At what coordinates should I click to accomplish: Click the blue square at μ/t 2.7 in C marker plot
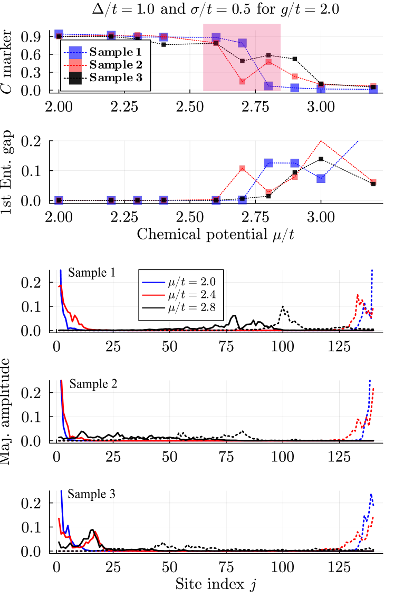click(x=242, y=43)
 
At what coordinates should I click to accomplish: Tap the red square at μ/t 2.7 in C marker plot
click(x=242, y=81)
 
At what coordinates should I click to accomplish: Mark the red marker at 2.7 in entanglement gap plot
click(x=242, y=169)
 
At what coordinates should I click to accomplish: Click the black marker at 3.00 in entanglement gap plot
click(x=321, y=159)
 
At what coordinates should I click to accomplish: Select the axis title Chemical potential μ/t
click(x=215, y=234)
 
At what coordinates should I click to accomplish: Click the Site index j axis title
click(x=216, y=584)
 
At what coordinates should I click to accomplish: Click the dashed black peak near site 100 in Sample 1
click(x=283, y=306)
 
